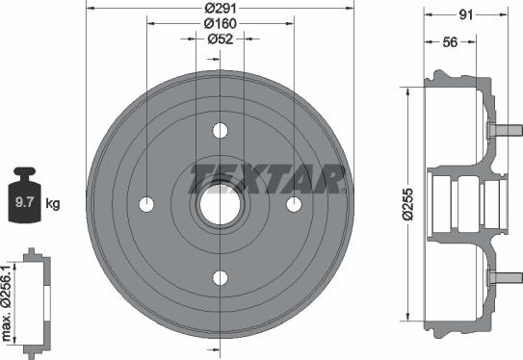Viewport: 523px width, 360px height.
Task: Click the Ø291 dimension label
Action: coord(221,8)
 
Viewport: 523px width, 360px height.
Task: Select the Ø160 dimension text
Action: coord(221,23)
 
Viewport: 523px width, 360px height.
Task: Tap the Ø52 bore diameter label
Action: coord(221,39)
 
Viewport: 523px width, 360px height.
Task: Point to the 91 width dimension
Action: coord(466,14)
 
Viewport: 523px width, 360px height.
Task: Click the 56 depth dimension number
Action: coord(450,42)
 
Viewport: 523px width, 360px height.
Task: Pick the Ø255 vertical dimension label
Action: coord(407,204)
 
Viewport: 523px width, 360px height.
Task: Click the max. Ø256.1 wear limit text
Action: coord(7,303)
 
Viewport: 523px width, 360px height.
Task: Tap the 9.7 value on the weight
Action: coord(25,202)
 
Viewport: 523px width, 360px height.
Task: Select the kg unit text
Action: coord(53,203)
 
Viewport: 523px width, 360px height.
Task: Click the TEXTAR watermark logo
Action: coord(267,179)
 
